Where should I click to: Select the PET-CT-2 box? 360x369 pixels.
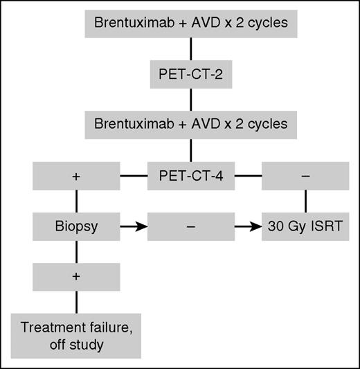click(x=190, y=75)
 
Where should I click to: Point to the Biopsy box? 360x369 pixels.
click(x=76, y=226)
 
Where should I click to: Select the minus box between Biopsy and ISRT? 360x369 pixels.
click(x=190, y=226)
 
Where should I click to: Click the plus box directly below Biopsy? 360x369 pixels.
click(x=76, y=276)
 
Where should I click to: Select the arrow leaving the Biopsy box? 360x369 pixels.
click(x=134, y=226)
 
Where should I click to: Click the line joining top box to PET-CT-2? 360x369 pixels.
click(x=190, y=50)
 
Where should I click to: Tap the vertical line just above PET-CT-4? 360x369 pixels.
click(x=190, y=150)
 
